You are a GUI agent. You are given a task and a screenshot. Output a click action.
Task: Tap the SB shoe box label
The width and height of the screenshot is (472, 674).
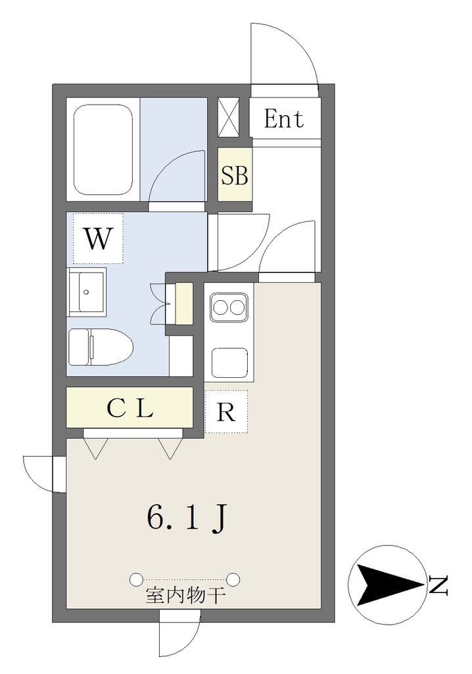[235, 175]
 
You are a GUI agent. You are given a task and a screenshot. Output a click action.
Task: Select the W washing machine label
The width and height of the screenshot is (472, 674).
[99, 239]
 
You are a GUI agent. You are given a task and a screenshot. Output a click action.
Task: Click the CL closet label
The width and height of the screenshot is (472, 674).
[130, 409]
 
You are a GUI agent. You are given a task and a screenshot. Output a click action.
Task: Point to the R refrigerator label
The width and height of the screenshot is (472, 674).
[226, 412]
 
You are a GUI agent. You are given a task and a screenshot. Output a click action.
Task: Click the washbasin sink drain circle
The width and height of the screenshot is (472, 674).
[86, 292]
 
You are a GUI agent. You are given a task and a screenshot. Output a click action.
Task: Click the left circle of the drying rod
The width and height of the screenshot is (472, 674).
[135, 579]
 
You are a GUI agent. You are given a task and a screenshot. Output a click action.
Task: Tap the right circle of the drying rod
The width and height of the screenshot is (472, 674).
[233, 579]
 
